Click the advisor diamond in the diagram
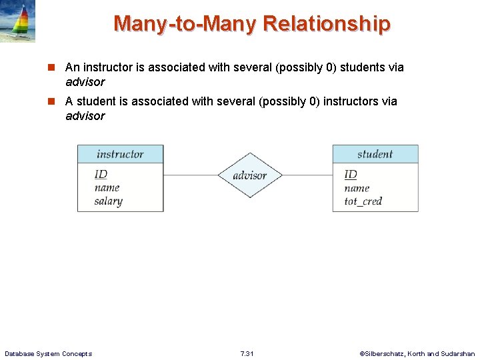coord(250,176)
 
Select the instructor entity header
coord(120,154)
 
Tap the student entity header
coord(375,154)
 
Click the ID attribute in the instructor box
coord(101,175)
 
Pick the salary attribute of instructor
coord(108,201)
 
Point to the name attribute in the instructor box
coord(107,188)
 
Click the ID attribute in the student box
coord(351,175)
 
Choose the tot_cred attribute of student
coord(363,201)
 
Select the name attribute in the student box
coord(357,188)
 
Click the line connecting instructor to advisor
coord(190,175)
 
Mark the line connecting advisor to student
coord(307,175)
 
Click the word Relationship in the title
coord(327,24)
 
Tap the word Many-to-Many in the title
coord(185,24)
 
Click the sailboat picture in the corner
coord(18,21)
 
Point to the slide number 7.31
coord(246,353)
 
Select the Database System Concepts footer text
coord(48,353)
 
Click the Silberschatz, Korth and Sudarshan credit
coord(417,353)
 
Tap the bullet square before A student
coord(51,101)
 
